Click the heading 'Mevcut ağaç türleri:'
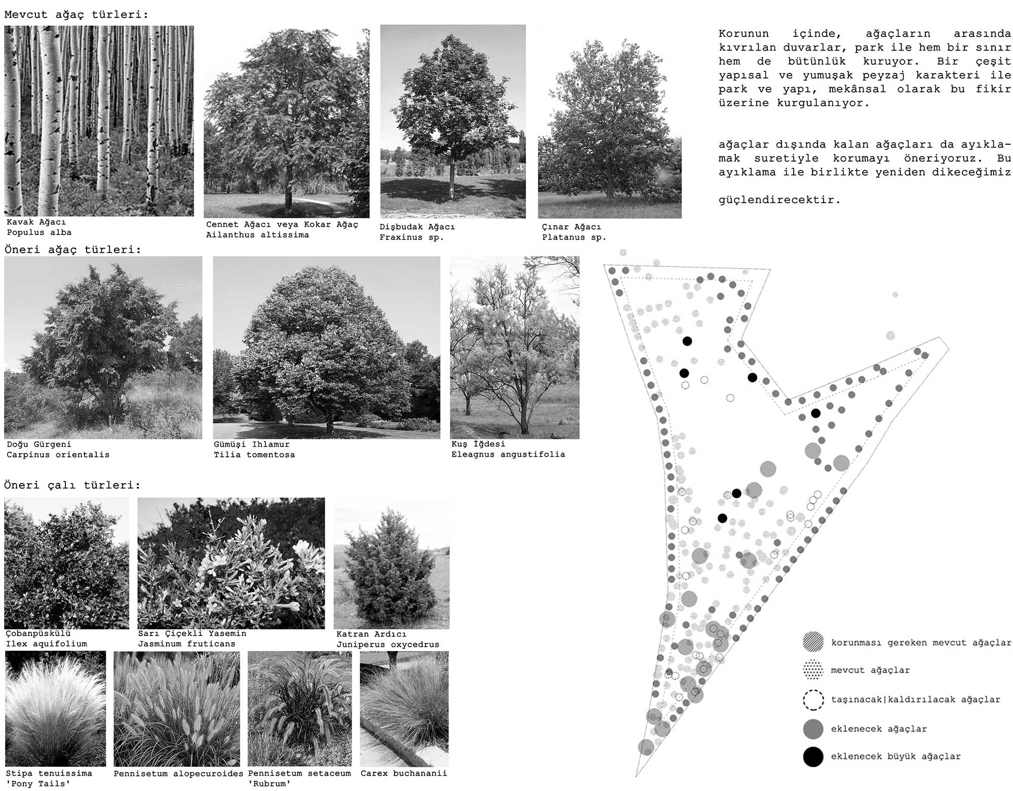(76, 14)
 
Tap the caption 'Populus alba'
(39, 232)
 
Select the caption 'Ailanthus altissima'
(257, 235)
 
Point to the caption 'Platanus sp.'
(574, 237)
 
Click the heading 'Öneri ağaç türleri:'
(73, 250)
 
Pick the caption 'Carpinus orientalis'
(58, 455)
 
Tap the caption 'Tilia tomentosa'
(254, 455)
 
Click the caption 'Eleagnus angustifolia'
(508, 454)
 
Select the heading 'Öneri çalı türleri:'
(72, 485)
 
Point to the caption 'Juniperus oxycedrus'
(387, 645)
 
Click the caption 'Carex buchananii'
(404, 773)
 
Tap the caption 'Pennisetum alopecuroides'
(178, 774)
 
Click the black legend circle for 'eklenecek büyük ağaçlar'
(813, 757)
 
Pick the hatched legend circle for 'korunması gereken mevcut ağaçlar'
(813, 642)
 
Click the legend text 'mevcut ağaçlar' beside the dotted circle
(870, 670)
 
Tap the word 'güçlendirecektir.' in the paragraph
(780, 200)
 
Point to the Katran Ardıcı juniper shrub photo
(392, 563)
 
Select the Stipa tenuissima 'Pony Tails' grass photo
(55, 709)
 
